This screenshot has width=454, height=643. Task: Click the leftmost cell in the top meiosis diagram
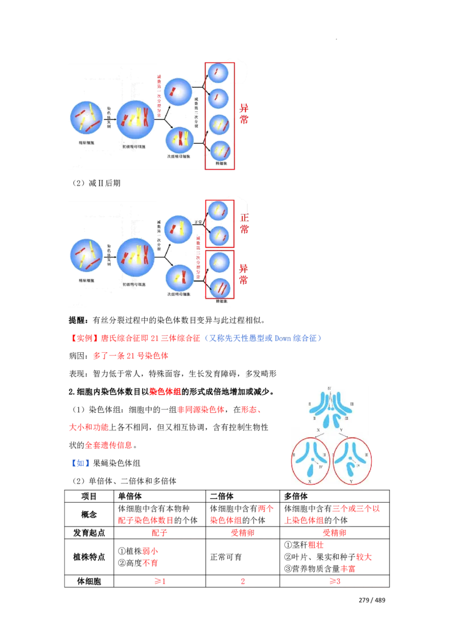[86, 118]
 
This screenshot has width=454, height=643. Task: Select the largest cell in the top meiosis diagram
[136, 119]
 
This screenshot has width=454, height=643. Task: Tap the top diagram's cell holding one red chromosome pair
[178, 93]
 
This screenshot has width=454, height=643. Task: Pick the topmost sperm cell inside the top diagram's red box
[217, 73]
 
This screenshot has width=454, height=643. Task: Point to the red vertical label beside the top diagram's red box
[244, 114]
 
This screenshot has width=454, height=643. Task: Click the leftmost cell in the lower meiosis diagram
[86, 256]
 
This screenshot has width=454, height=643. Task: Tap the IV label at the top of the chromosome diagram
[329, 388]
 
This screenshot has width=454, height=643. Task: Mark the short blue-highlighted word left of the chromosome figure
[79, 464]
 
